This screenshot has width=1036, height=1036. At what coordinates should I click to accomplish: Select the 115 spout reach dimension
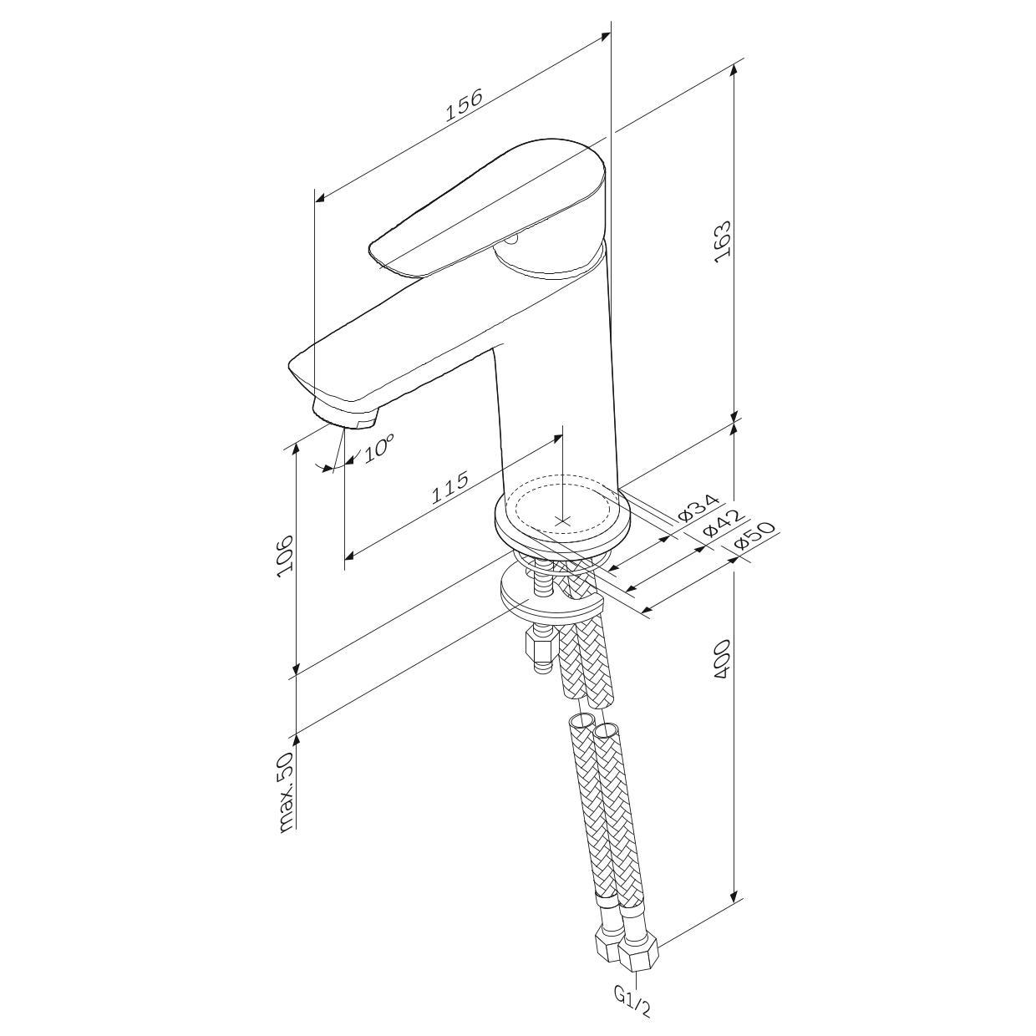450,487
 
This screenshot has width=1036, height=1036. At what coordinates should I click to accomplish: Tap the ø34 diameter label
698,507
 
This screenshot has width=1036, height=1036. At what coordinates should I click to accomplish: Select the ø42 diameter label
724,522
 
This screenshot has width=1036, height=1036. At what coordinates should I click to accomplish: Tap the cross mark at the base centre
562,521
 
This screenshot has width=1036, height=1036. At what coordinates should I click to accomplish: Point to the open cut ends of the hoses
593,725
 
